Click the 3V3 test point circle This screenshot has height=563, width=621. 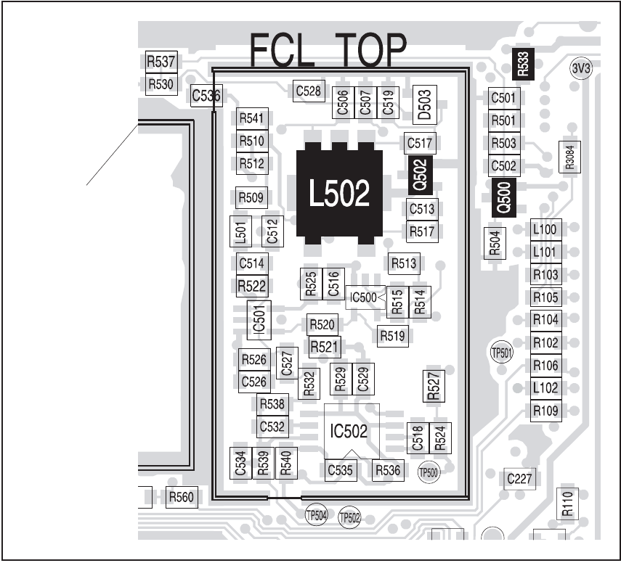coord(582,69)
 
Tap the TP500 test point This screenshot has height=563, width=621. coord(429,472)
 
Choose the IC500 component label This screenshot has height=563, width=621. coord(363,297)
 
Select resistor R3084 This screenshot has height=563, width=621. coord(569,157)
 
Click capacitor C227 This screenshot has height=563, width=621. coord(519,479)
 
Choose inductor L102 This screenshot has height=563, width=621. coord(545,387)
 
